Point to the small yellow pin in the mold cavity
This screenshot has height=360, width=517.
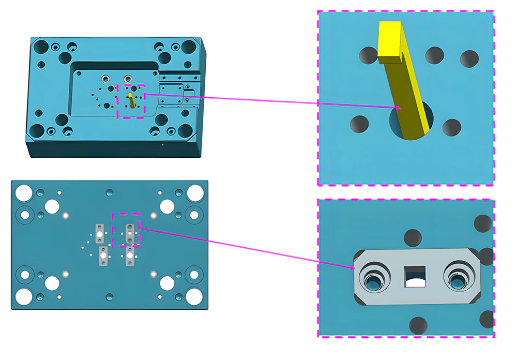131,100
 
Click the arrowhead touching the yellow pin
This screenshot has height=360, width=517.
399,107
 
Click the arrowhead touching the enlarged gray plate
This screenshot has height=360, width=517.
354,268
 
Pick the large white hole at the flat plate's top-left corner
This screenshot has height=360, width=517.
24,193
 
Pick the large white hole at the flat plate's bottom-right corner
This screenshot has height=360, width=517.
194,296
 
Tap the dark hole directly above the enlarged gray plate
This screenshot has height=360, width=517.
413,238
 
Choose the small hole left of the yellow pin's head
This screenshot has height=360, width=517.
369,55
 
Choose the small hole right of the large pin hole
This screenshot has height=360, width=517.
451,127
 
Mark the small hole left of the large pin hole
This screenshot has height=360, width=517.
359,124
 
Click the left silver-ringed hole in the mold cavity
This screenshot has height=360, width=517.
105,78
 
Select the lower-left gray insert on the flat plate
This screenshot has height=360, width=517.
103,256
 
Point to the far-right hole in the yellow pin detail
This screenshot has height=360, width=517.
469,59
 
